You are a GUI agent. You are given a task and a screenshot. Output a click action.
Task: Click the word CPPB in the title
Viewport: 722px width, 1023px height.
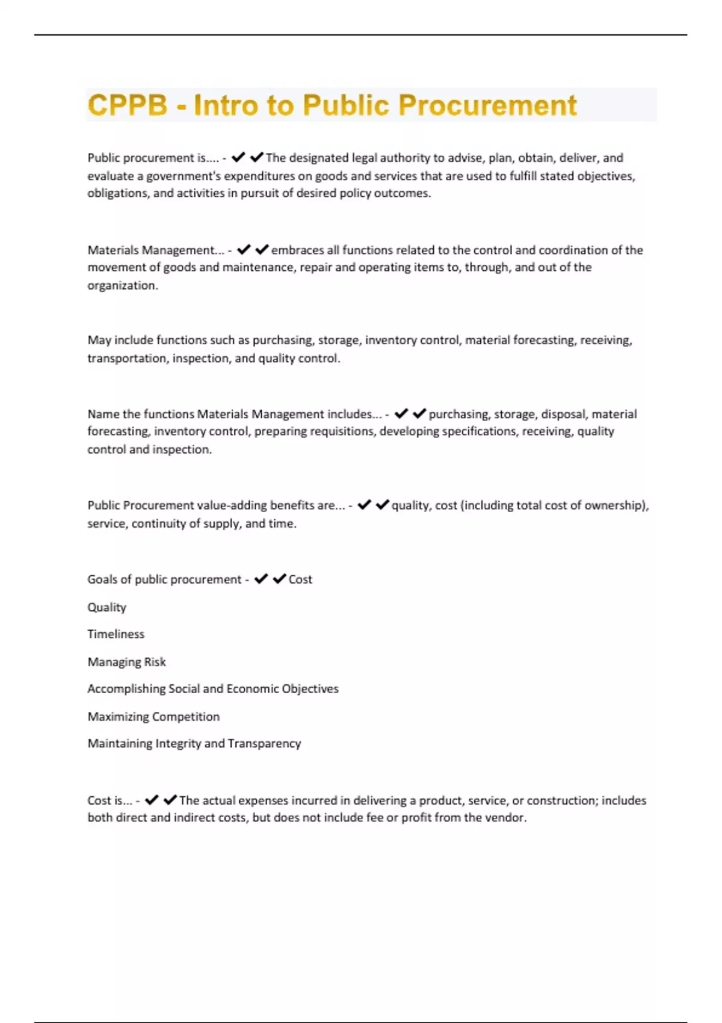tap(128, 105)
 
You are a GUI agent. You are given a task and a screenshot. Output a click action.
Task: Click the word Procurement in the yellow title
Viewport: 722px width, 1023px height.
tap(487, 105)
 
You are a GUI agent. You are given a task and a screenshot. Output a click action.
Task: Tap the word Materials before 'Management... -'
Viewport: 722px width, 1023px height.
tap(113, 250)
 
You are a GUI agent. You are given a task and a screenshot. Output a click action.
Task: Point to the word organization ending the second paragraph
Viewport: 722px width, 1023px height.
tap(122, 286)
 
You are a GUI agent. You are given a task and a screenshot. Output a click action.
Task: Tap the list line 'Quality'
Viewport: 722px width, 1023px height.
tap(107, 607)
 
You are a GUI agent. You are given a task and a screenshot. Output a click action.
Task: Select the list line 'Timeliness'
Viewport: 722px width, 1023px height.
tap(116, 634)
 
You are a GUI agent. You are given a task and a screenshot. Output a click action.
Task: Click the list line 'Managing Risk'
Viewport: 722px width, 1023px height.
tap(127, 662)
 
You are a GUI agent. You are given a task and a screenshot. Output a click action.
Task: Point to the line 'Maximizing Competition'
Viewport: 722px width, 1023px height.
tap(153, 717)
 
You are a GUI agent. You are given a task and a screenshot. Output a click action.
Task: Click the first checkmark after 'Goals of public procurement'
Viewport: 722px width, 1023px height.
tap(261, 579)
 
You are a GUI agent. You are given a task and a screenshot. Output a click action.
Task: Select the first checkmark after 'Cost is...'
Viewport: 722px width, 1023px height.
tap(152, 800)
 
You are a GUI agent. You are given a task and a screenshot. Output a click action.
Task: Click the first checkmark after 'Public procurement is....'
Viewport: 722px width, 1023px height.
tap(238, 158)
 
